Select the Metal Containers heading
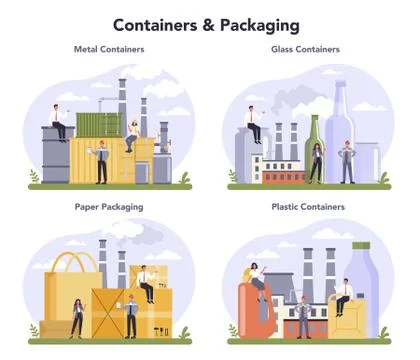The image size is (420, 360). pyautogui.click(x=107, y=48)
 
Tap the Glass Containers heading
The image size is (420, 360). pyautogui.click(x=305, y=48)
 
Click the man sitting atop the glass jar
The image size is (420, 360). pyautogui.click(x=255, y=124)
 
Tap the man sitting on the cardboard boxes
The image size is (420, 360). pyautogui.click(x=147, y=282)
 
